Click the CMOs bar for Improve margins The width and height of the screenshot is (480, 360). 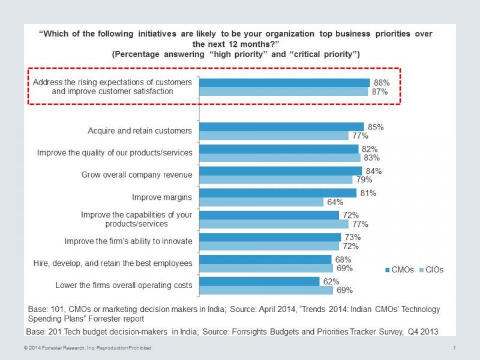[x=278, y=193]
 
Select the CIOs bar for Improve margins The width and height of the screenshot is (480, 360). [x=261, y=202]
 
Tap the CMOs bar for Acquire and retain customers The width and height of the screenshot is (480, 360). [x=281, y=127]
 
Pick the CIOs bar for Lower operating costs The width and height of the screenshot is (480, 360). [x=266, y=290]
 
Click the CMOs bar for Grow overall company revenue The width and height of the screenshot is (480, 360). [x=280, y=171]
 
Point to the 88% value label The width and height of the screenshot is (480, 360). [x=382, y=83]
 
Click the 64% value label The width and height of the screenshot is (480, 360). [x=334, y=202]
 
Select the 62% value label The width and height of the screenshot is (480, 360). [x=331, y=281]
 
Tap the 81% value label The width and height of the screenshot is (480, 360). [x=368, y=193]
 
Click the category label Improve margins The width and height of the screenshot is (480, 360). [x=162, y=197]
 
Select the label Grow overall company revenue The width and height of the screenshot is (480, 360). [x=137, y=175]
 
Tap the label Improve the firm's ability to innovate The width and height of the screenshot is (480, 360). [x=128, y=241]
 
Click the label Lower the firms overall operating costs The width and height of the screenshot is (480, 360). [x=124, y=285]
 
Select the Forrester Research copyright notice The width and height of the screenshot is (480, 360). [x=88, y=348]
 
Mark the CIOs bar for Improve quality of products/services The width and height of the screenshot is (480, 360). [x=280, y=158]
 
